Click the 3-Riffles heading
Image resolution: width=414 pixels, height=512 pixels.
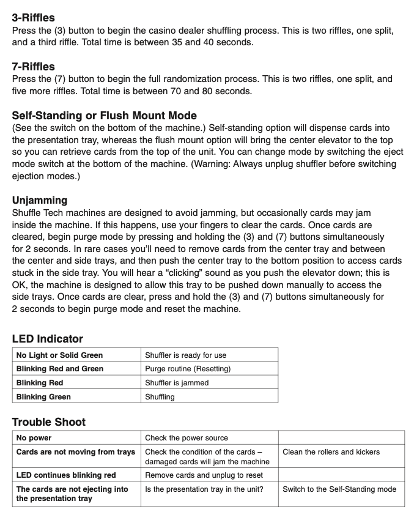point(33,18)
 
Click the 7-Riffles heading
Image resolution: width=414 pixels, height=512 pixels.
point(33,67)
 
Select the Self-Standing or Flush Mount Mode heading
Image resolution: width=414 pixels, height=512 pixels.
point(104,116)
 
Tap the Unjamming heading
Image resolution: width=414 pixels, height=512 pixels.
point(40,200)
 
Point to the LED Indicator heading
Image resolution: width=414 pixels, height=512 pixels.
point(47,338)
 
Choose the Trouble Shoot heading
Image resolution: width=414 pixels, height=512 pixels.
point(49,421)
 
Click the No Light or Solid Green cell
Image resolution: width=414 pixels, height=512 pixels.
point(59,355)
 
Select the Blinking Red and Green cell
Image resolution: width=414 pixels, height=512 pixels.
point(60,369)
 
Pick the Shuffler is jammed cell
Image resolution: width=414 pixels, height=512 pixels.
point(177,383)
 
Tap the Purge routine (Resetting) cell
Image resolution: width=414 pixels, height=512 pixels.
point(188,369)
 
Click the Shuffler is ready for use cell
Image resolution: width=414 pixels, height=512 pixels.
point(185,355)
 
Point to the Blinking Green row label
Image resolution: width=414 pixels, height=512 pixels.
point(43,397)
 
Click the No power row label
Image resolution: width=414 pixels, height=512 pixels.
point(34,438)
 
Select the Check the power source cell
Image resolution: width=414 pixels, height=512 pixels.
point(187,438)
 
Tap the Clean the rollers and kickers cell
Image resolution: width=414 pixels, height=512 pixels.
point(331,452)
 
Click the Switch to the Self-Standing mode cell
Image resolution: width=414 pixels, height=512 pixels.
point(339,489)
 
